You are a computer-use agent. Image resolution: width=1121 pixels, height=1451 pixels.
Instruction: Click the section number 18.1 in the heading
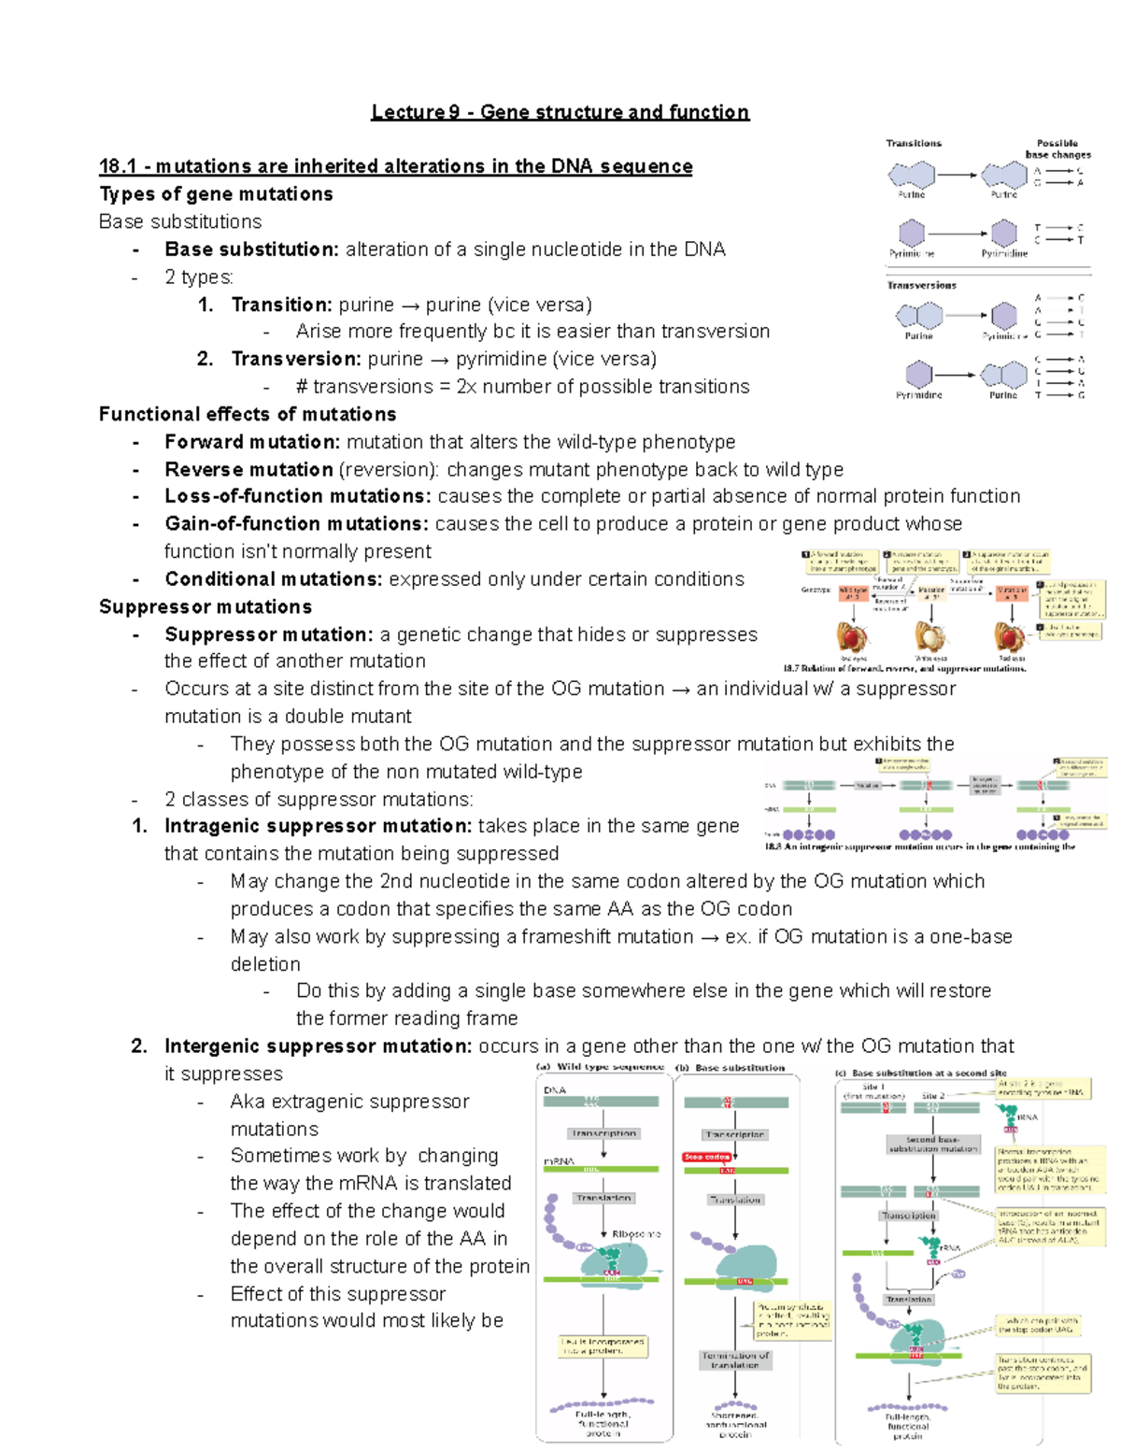pyautogui.click(x=118, y=166)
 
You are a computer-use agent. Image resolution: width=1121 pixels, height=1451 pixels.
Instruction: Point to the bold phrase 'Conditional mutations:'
pyautogui.click(x=273, y=579)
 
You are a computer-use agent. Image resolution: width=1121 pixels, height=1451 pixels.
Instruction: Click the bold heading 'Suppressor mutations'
pyautogui.click(x=206, y=606)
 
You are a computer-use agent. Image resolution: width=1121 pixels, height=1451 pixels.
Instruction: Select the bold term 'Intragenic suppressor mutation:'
pyautogui.click(x=318, y=826)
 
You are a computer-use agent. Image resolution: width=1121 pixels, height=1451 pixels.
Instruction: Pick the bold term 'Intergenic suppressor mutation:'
pyautogui.click(x=318, y=1046)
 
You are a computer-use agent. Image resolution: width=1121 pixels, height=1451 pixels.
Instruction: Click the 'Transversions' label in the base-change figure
pyautogui.click(x=921, y=285)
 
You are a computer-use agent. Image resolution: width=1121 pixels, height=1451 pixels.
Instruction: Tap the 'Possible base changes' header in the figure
pyautogui.click(x=1057, y=149)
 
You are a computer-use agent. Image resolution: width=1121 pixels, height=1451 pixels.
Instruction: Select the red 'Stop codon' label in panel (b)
pyautogui.click(x=707, y=1157)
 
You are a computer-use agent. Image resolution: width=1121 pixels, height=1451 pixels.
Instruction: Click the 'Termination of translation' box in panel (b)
pyautogui.click(x=735, y=1359)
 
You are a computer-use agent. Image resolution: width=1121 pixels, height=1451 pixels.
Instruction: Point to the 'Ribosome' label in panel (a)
pyautogui.click(x=636, y=1234)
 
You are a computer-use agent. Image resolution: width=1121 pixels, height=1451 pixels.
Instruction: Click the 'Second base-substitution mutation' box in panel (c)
pyautogui.click(x=932, y=1144)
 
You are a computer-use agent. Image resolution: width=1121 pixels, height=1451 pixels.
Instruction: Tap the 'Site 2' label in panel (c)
pyautogui.click(x=933, y=1095)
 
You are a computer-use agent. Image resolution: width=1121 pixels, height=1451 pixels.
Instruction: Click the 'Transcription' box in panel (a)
pyautogui.click(x=603, y=1133)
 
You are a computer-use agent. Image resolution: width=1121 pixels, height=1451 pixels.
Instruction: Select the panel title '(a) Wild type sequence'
pyautogui.click(x=600, y=1066)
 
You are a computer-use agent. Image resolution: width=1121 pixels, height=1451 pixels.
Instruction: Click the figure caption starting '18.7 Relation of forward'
pyautogui.click(x=904, y=668)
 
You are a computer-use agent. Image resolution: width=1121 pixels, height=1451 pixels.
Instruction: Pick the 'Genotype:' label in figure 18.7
pyautogui.click(x=816, y=590)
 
